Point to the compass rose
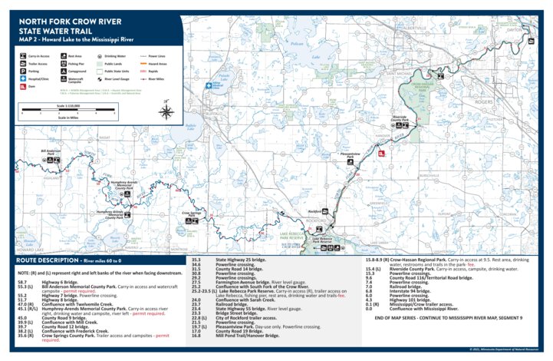pos(164,103)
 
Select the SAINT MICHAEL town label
pos(403,75)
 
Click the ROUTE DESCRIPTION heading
pos(48,261)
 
